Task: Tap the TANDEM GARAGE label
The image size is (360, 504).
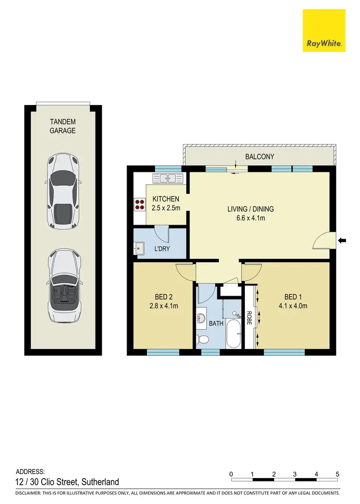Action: (63, 126)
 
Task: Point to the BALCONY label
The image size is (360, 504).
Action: (259, 156)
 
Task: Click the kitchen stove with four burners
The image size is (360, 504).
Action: (140, 205)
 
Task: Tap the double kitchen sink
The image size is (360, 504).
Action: (168, 179)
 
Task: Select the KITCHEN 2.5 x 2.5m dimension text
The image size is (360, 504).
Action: (166, 204)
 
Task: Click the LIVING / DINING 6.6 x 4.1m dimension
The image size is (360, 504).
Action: (250, 213)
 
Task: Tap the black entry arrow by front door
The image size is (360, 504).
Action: (342, 240)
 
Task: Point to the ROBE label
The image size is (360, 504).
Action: (249, 319)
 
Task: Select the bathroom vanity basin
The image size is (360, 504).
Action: (201, 318)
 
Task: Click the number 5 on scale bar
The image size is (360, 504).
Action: (337, 474)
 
